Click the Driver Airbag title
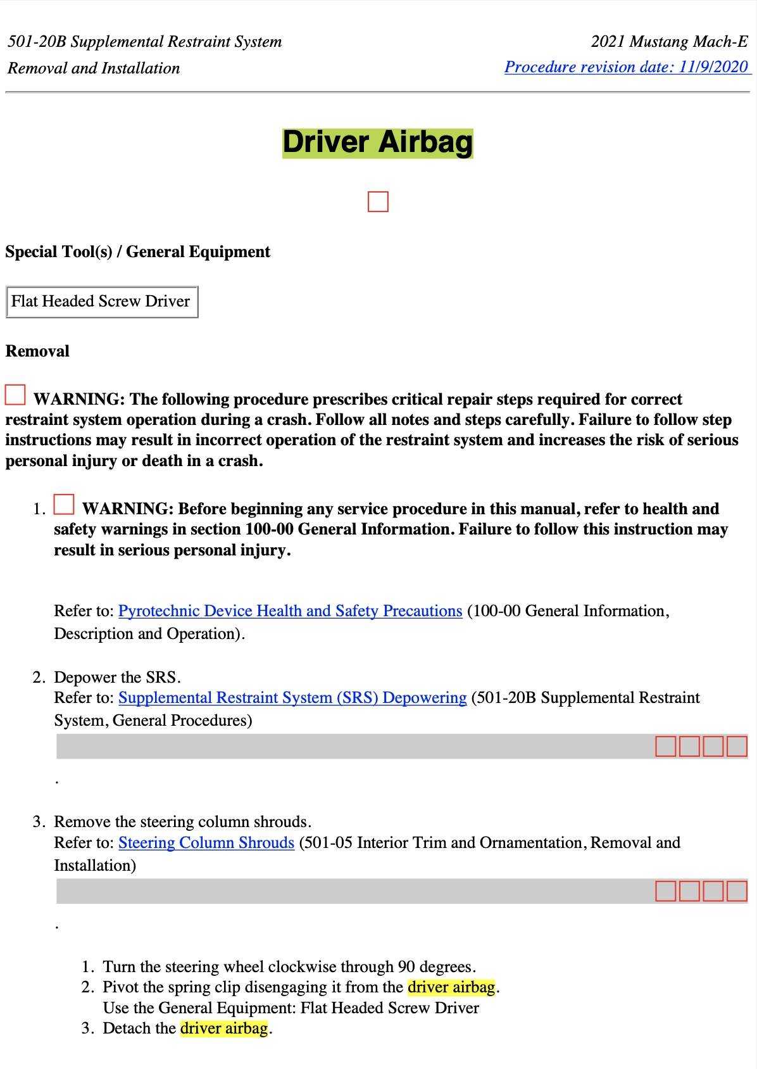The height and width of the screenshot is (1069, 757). pos(377,142)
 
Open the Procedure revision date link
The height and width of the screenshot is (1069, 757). pos(627,67)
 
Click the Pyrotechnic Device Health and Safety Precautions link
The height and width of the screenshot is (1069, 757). pos(290,610)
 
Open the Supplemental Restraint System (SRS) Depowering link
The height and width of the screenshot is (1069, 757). pos(292,697)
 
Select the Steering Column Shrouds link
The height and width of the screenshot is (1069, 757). pos(206,842)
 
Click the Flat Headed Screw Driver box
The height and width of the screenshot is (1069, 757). pos(101,301)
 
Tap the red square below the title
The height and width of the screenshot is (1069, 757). pos(377,202)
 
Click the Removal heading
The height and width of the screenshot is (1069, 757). pos(37,351)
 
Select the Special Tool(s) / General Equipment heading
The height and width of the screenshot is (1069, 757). pos(137,251)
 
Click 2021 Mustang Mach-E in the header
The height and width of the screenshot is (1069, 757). pos(669,42)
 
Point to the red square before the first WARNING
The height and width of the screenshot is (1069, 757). pos(15,395)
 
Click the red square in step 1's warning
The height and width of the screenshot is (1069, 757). pos(64,505)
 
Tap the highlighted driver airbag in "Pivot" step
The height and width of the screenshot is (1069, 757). pos(451,987)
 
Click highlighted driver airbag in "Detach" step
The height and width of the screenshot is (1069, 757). pos(224,1028)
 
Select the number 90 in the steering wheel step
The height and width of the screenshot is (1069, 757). pos(406,966)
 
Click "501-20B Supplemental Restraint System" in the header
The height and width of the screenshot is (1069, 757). pos(144,42)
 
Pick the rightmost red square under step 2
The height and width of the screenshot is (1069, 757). pos(737,746)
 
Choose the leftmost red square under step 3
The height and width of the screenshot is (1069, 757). pos(665,891)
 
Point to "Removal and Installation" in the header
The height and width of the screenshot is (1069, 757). pos(94,68)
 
